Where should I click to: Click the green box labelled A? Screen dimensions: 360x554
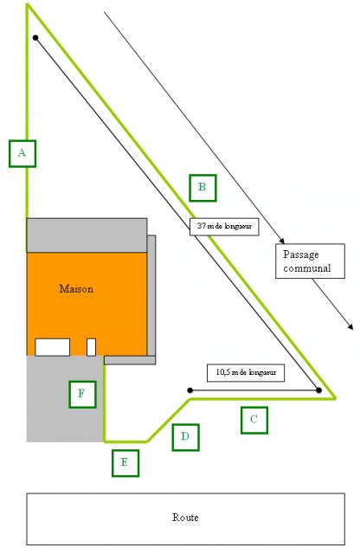tap(22, 153)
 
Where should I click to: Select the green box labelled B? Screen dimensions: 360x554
tap(202, 188)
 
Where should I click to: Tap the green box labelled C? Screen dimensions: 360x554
tap(254, 420)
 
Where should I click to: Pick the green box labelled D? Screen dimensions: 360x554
tap(186, 437)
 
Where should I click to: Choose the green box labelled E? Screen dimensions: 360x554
tap(125, 463)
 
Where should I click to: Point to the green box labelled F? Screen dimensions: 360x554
tap(83, 394)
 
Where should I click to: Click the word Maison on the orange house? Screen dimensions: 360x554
tap(76, 288)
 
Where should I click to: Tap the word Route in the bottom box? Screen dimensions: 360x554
tap(185, 518)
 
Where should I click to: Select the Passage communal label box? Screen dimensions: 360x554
tap(310, 261)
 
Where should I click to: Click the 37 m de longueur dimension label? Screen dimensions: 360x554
tap(224, 227)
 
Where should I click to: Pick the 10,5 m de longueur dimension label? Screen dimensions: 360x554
tap(246, 372)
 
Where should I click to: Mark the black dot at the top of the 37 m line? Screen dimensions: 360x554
tap(35, 37)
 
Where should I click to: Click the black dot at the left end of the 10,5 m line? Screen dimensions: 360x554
tap(190, 390)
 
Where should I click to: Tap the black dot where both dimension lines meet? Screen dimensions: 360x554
tap(318, 390)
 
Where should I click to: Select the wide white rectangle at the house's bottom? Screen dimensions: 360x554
tap(52, 347)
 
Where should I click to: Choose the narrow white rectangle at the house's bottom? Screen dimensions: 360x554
tap(91, 347)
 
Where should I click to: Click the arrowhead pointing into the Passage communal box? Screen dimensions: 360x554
tap(282, 241)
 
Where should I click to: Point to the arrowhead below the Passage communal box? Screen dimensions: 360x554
tap(350, 327)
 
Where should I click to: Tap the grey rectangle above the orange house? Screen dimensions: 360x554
tap(87, 235)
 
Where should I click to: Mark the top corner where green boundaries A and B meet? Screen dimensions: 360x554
tap(27, 4)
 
